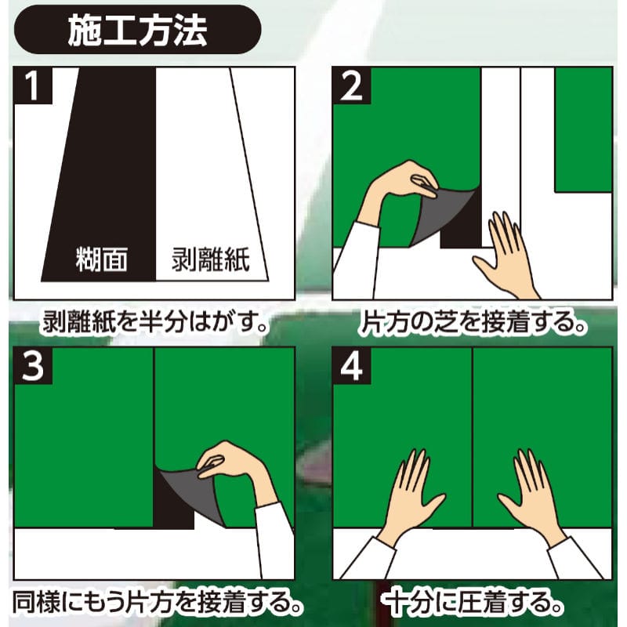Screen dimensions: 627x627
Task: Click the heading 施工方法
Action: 138,31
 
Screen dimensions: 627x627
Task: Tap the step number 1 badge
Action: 33,85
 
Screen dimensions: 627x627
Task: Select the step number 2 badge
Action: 351,85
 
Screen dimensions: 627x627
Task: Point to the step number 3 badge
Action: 33,366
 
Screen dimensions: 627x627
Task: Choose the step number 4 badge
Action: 351,366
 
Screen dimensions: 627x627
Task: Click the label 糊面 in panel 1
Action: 102,259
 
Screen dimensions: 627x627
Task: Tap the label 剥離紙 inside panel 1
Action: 211,259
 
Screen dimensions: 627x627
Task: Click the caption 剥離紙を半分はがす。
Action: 155,321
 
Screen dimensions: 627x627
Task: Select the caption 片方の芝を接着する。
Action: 473,322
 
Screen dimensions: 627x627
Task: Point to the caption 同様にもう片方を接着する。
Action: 157,603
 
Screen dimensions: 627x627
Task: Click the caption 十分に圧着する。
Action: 472,603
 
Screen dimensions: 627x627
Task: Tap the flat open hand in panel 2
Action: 505,256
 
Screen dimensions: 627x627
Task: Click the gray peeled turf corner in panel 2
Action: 444,216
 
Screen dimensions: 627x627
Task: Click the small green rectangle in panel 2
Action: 583,129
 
